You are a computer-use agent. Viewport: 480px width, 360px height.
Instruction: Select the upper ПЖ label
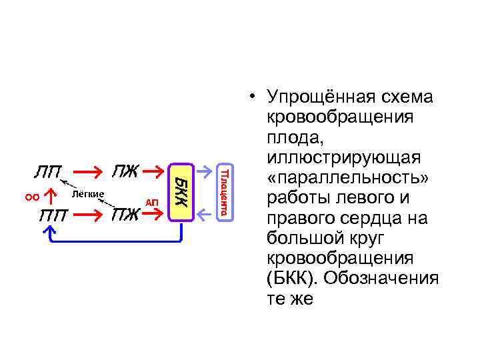pos(125,172)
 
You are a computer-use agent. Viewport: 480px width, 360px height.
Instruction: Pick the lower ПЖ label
pos(125,214)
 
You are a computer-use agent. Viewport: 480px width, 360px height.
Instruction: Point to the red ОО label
pos(31,196)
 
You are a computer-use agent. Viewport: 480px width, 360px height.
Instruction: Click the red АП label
pos(152,202)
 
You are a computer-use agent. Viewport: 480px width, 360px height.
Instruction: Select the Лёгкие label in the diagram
pos(87,194)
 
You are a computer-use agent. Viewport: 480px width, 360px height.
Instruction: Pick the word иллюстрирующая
pos(343,158)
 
